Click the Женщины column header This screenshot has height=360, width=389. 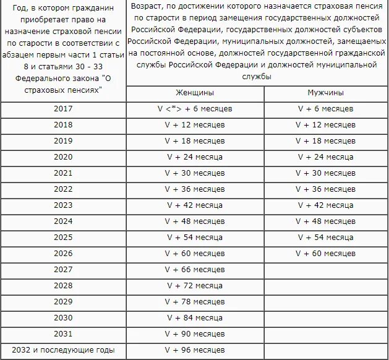tap(195, 93)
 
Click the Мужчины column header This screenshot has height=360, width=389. tap(325, 93)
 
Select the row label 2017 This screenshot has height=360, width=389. tap(63, 109)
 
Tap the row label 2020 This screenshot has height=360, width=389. tap(63, 157)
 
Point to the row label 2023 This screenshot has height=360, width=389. tap(63, 205)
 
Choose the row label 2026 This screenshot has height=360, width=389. tap(63, 254)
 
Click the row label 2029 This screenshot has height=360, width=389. tap(63, 302)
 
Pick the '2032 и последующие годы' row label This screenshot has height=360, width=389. tap(63, 350)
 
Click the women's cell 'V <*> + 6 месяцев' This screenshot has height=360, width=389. tap(195, 109)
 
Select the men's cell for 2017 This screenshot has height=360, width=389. tap(325, 109)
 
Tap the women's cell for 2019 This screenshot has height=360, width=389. tap(195, 141)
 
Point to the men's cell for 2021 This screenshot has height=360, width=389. tap(325, 173)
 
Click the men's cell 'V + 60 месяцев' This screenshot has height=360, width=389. tap(325, 254)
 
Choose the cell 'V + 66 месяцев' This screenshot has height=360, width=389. tap(195, 270)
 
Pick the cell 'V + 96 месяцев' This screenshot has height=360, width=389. tap(195, 350)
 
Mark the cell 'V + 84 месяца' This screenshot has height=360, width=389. tap(195, 318)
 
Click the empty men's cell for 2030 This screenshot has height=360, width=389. tap(325, 318)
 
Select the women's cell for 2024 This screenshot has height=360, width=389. tap(195, 221)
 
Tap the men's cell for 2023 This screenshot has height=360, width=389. tap(325, 205)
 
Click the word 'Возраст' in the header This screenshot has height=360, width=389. tap(147, 6)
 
